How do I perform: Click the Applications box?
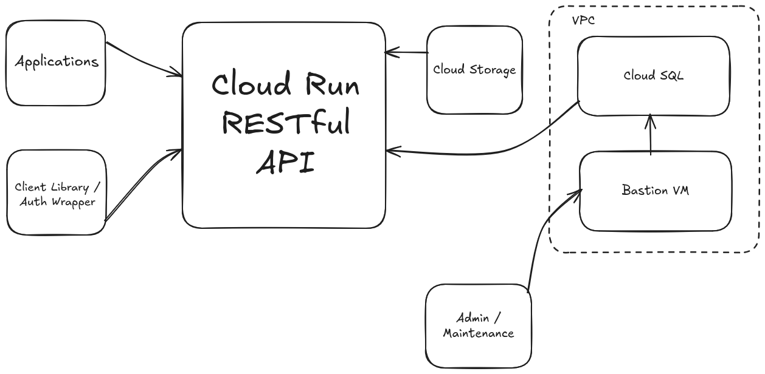tap(56, 63)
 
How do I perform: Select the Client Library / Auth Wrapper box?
tap(57, 193)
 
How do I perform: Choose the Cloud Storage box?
tap(474, 70)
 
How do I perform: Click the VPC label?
tap(583, 20)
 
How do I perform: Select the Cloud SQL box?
tap(653, 76)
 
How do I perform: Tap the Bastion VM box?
tap(655, 190)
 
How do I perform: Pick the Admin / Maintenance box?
tap(478, 326)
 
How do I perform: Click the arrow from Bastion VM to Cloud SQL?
tap(651, 135)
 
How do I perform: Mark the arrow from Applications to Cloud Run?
tap(145, 59)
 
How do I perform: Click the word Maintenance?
tap(478, 333)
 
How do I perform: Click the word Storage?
tap(493, 70)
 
